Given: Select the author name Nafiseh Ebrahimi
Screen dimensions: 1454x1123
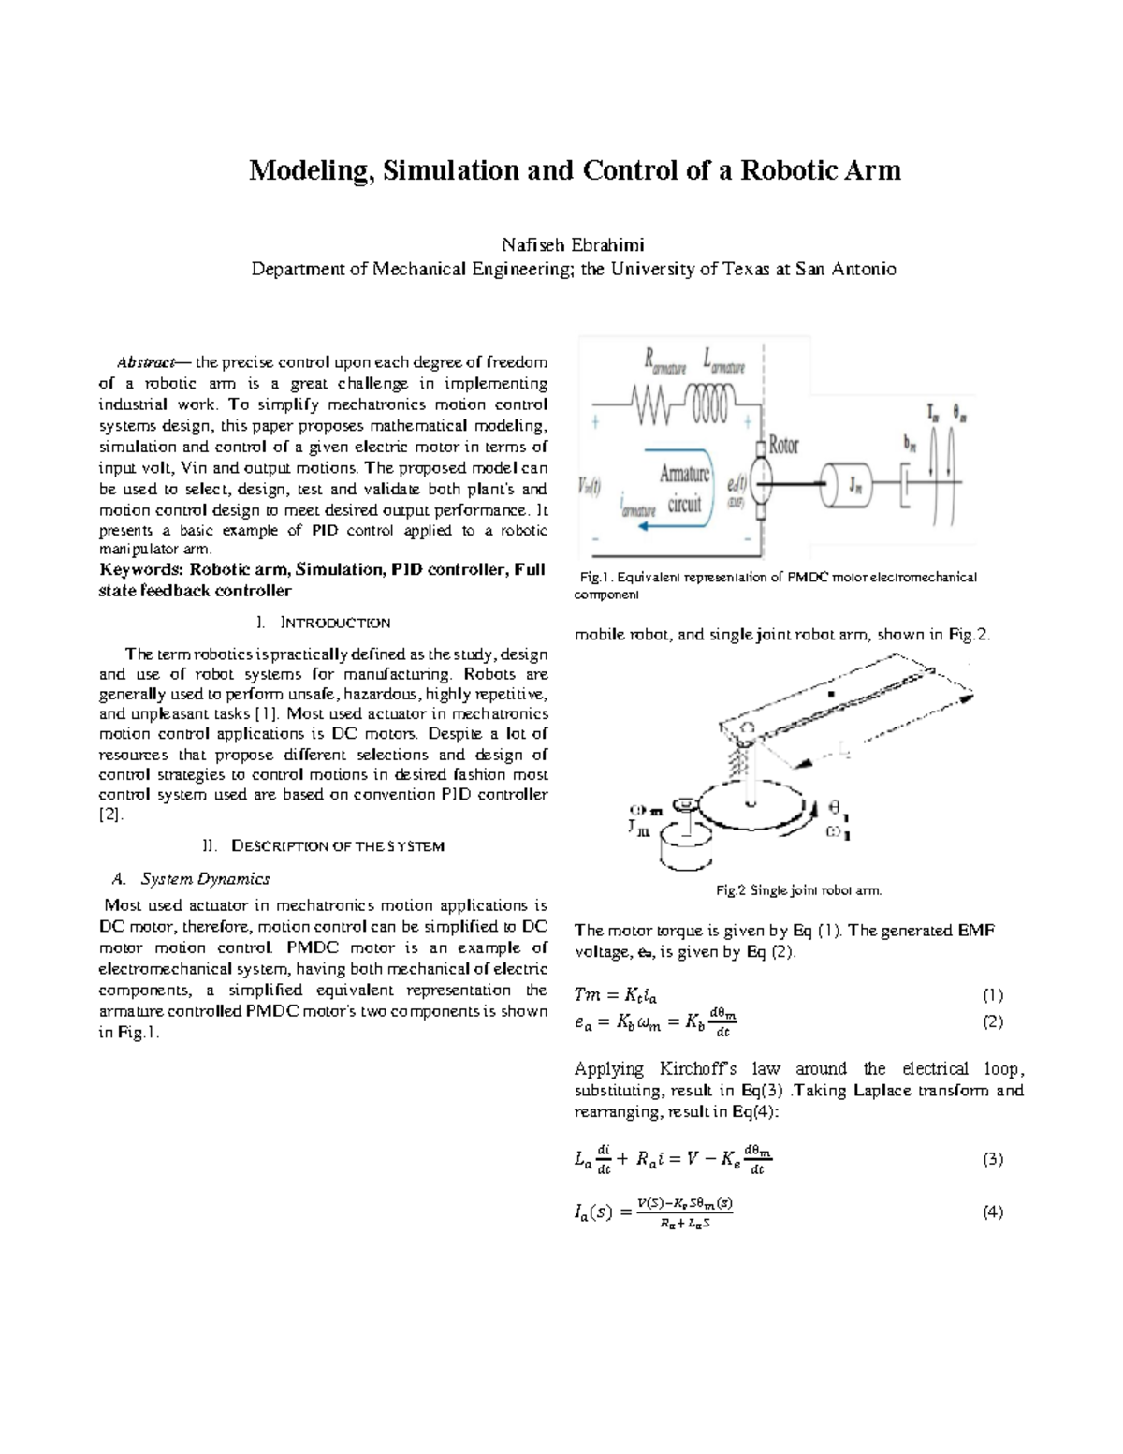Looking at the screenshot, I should [573, 245].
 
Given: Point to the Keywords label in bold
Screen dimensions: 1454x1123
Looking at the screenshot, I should [140, 570].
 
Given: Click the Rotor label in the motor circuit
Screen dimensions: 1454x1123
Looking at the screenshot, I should [783, 446].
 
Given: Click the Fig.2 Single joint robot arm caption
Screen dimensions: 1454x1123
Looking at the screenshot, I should [798, 890].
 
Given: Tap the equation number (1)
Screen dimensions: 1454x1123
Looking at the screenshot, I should [992, 995].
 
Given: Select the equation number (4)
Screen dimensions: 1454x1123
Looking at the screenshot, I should [992, 1212].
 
